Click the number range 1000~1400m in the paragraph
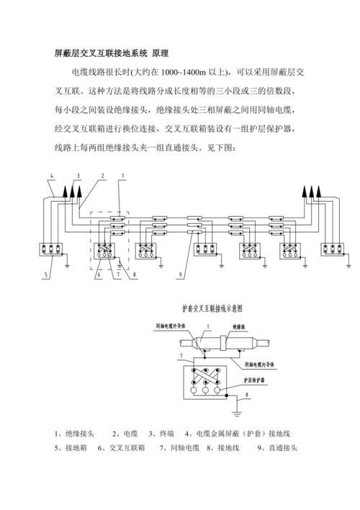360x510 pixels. coord(189,73)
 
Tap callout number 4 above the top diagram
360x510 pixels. coord(52,176)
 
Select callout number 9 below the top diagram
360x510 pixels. coord(181,274)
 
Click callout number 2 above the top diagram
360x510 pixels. coord(103,176)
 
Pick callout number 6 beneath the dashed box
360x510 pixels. coord(99,274)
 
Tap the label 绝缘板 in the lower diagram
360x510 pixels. coord(241,326)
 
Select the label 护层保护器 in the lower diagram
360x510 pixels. coord(253,377)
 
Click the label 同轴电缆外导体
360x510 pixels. coord(170,326)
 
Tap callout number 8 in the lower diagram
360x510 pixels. coord(247,395)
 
